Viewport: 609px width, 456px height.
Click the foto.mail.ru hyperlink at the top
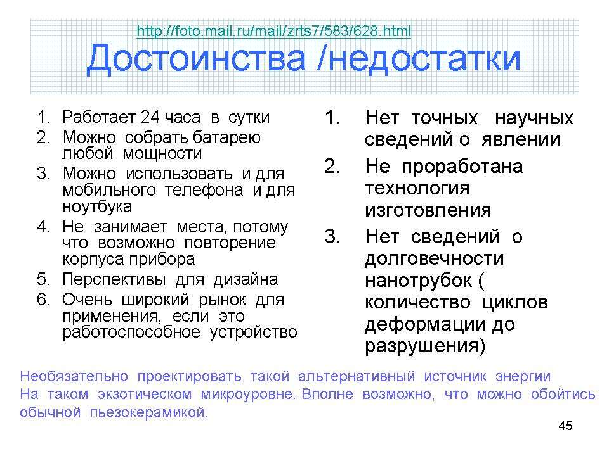click(x=274, y=31)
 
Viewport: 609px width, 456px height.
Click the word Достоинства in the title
click(x=196, y=58)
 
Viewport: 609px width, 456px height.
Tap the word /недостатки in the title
click(x=419, y=58)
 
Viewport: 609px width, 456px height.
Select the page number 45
click(x=565, y=426)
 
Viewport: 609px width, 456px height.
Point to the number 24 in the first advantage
click(x=150, y=117)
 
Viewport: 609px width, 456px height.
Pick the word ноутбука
click(x=97, y=206)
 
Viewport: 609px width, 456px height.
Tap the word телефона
click(x=204, y=190)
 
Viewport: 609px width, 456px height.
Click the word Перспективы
click(x=114, y=279)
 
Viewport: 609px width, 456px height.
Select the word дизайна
click(x=246, y=279)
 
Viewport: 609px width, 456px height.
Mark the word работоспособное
click(x=131, y=332)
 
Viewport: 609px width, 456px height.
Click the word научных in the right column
click(x=534, y=118)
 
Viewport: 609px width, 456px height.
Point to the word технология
click(x=417, y=189)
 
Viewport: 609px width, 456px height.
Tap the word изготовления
click(x=428, y=210)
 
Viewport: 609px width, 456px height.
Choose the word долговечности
click(x=434, y=258)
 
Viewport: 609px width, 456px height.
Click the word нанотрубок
click(x=418, y=281)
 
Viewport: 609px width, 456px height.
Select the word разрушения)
click(x=425, y=346)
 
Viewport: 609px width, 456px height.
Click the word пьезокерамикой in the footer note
click(x=148, y=412)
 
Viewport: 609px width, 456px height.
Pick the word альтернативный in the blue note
click(x=357, y=376)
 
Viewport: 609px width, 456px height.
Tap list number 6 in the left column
click(x=43, y=300)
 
